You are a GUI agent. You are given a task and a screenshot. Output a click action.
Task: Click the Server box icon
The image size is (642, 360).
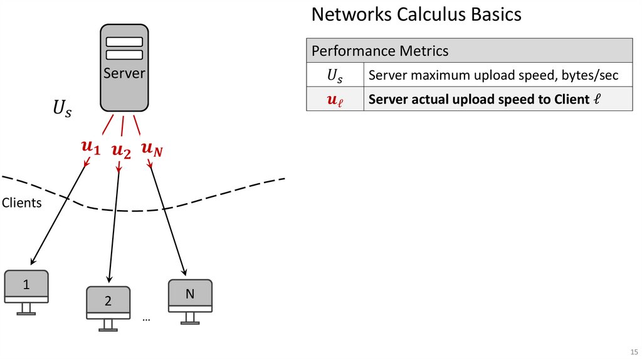124,68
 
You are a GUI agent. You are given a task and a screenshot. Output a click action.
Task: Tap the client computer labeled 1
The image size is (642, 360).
26,287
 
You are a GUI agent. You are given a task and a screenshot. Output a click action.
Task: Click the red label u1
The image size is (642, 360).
90,148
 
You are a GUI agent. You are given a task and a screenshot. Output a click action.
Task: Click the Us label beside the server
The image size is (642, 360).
61,109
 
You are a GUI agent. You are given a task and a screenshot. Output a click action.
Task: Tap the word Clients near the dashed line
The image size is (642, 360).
22,203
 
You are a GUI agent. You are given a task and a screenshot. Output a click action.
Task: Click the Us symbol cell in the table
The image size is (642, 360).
335,75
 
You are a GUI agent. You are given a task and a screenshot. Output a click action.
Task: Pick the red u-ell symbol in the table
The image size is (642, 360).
335,100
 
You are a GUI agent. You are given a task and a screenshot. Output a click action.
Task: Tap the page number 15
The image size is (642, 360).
633,351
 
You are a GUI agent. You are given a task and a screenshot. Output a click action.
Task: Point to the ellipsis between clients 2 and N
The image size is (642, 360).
146,319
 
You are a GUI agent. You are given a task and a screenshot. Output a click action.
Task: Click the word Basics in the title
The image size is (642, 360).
495,14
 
